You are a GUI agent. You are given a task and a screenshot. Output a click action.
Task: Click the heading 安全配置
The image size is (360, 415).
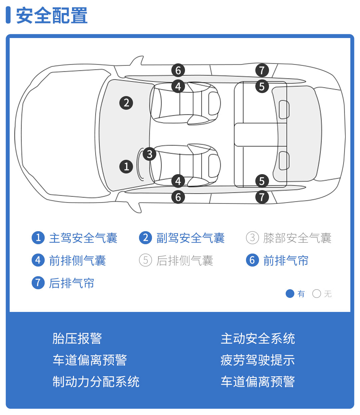point(52,15)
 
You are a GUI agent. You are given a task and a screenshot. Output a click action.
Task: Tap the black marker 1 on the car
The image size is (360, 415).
point(126,166)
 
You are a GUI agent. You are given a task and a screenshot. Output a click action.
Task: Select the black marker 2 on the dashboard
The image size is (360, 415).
point(126,103)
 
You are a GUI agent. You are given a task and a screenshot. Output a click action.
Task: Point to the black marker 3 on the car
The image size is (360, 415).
point(149,154)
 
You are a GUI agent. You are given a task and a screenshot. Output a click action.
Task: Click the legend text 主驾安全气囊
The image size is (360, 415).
point(83,238)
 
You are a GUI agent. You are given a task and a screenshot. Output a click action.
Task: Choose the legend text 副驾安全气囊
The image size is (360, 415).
point(190,238)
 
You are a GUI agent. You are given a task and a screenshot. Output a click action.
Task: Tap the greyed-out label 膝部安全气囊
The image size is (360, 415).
point(297,238)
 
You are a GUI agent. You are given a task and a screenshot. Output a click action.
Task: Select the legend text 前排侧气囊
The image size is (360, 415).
point(77,260)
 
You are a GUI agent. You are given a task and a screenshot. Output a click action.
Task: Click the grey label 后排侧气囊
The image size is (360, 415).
point(185,260)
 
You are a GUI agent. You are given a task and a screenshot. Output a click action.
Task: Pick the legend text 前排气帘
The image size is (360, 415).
point(286,260)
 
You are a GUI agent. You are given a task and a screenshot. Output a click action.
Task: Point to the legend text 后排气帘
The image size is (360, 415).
point(72,283)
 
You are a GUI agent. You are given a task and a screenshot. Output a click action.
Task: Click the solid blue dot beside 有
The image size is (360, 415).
point(290,294)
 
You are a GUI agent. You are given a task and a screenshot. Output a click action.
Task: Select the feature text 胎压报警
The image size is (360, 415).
point(77,339)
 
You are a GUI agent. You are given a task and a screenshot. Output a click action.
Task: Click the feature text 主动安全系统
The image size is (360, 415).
point(258,339)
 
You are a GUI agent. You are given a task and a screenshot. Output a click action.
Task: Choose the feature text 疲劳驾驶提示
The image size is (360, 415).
point(258,360)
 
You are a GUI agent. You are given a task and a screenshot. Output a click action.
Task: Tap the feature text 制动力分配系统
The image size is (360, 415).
point(96,382)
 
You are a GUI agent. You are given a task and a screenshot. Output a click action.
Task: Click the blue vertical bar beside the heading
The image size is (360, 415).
point(8,15)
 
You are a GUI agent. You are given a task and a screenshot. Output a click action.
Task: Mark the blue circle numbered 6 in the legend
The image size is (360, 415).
point(252,260)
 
